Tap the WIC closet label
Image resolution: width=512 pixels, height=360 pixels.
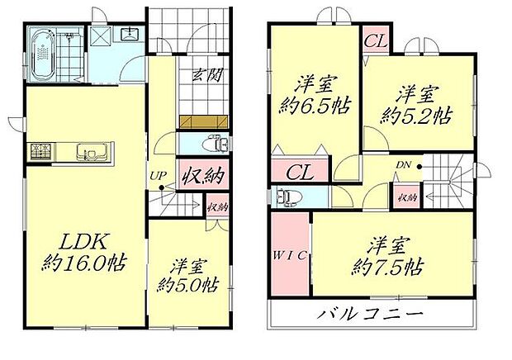(288, 255)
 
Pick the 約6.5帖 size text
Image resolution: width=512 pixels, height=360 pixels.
(314, 112)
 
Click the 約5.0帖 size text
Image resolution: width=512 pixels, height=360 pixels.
(188, 285)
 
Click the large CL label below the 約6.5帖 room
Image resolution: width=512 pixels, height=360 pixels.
(300, 172)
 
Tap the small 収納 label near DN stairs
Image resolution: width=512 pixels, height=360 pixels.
(405, 197)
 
